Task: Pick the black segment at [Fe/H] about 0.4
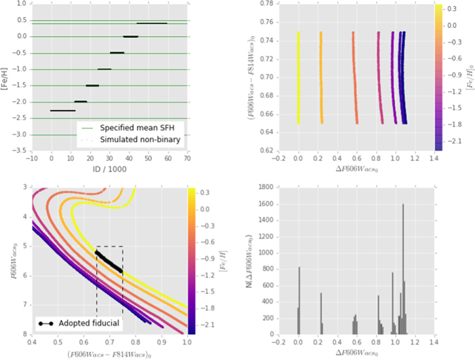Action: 151,23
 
